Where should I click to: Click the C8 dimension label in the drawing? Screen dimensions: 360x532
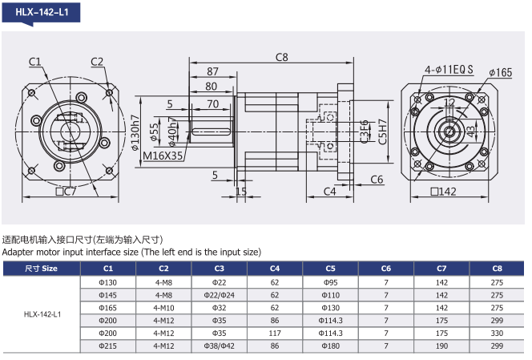pyautogui.click(x=281, y=57)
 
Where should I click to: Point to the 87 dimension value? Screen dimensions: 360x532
pyautogui.click(x=212, y=72)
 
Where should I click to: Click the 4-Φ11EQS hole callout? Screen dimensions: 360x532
pyautogui.click(x=449, y=70)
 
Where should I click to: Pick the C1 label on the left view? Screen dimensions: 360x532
pyautogui.click(x=35, y=62)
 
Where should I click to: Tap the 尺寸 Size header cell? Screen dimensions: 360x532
pyautogui.click(x=41, y=268)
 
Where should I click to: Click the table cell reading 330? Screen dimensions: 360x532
pyautogui.click(x=497, y=332)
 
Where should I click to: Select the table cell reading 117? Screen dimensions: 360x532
pyautogui.click(x=275, y=332)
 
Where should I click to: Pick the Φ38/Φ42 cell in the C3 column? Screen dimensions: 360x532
pyautogui.click(x=220, y=345)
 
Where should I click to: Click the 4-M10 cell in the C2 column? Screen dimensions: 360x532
pyautogui.click(x=163, y=306)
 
